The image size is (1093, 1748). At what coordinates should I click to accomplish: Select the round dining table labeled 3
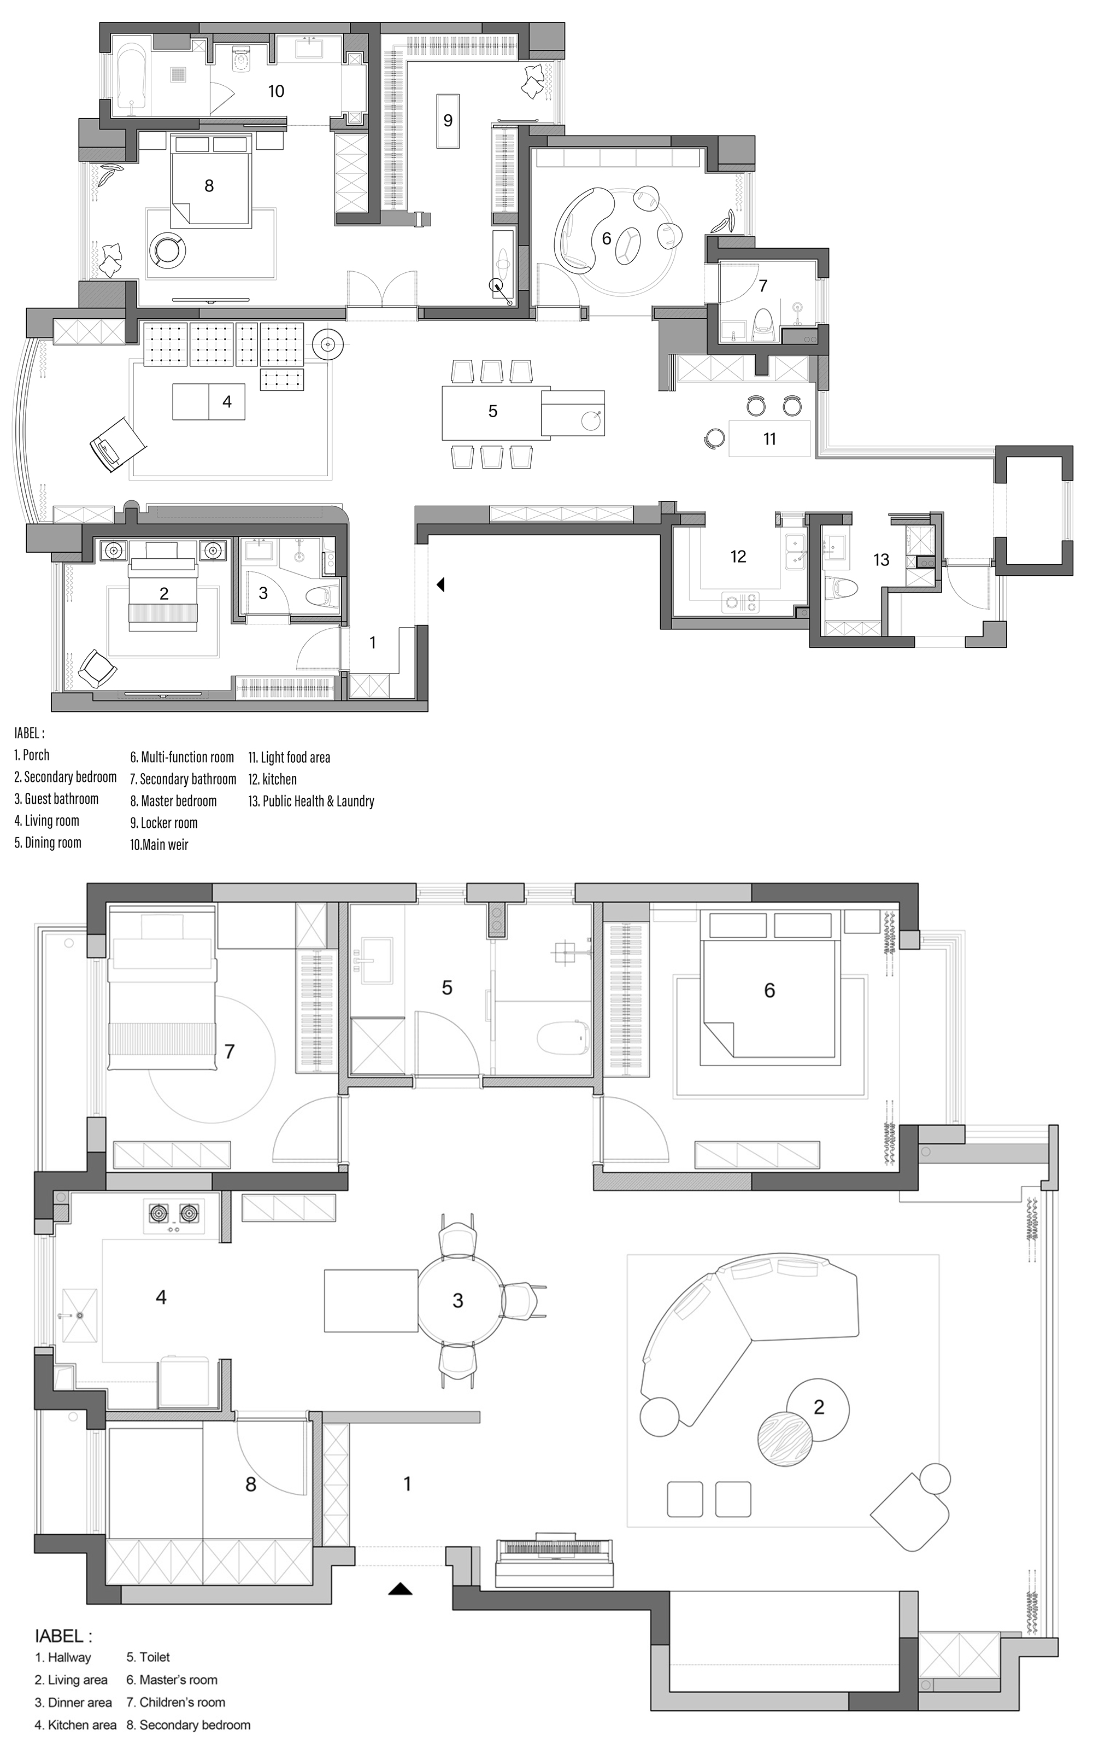pos(459,1300)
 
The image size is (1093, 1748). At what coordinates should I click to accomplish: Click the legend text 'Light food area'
pos(295,757)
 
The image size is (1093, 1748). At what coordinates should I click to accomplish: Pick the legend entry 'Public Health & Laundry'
pos(318,800)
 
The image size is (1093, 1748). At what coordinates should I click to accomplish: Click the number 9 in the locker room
pos(448,120)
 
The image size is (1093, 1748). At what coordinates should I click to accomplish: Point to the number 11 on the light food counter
pos(769,439)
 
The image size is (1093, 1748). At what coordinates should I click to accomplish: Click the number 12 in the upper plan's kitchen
pos(738,556)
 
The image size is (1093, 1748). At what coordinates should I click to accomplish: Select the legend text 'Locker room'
pos(169,822)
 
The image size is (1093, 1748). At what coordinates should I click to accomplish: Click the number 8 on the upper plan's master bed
pos(209,186)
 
